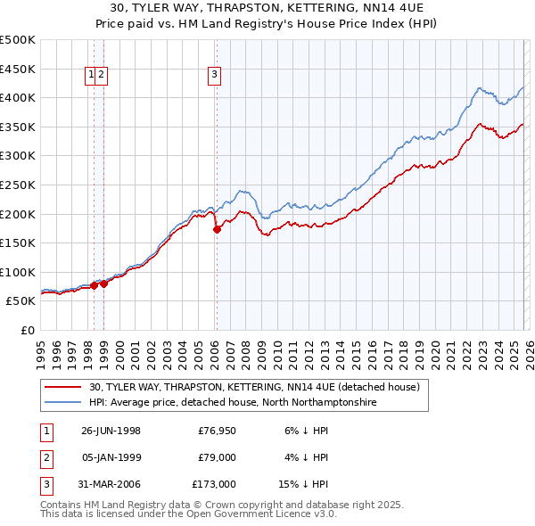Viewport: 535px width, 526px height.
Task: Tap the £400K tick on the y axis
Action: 18,97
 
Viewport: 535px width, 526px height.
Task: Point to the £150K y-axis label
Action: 18,242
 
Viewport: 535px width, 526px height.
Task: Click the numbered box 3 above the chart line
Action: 215,76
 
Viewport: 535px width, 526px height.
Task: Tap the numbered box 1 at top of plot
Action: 92,76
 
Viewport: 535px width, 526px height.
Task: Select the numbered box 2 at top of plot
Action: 103,76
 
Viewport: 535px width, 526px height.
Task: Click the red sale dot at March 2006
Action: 217,229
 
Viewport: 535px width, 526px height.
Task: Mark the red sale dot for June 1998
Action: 95,285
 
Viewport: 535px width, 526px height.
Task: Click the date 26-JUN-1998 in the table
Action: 111,431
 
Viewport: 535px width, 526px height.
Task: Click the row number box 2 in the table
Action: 45,457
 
